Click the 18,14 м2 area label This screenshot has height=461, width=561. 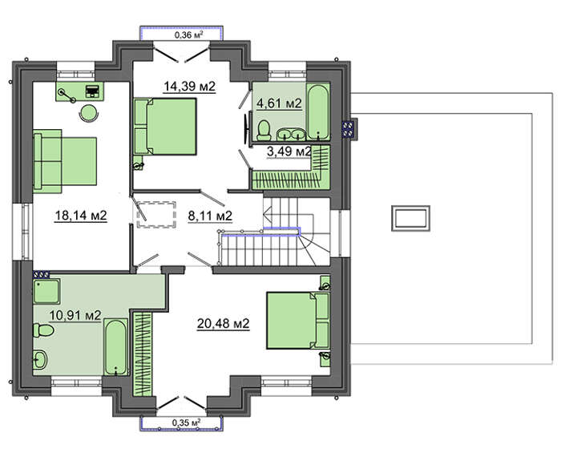pyautogui.click(x=81, y=216)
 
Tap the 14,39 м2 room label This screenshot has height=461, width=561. pyautogui.click(x=189, y=87)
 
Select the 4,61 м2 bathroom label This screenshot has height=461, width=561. pyautogui.click(x=279, y=103)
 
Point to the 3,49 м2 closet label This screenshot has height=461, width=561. pyautogui.click(x=289, y=152)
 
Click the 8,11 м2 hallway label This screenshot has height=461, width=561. pyautogui.click(x=210, y=216)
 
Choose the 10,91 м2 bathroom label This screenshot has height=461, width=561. pyautogui.click(x=75, y=315)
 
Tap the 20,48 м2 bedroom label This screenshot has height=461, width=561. pyautogui.click(x=223, y=324)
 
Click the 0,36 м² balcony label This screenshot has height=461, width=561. pyautogui.click(x=189, y=34)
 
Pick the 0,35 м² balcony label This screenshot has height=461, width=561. pyautogui.click(x=186, y=423)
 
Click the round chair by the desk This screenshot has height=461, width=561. pyautogui.click(x=88, y=113)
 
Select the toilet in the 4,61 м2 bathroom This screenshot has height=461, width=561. pyautogui.click(x=264, y=130)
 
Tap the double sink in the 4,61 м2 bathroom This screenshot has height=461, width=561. pyautogui.click(x=291, y=134)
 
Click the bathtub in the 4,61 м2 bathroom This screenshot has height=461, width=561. pyautogui.click(x=318, y=111)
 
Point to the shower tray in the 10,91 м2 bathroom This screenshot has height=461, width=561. pyautogui.click(x=46, y=291)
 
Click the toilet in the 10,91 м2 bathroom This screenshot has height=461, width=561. pyautogui.click(x=43, y=330)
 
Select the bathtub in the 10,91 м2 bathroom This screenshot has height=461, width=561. pyautogui.click(x=116, y=347)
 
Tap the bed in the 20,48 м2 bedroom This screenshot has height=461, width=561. pyautogui.click(x=298, y=321)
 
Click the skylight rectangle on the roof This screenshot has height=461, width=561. pyautogui.click(x=410, y=218)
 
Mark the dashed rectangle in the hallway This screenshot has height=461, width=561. pyautogui.click(x=156, y=214)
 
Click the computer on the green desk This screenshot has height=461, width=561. pyautogui.click(x=93, y=91)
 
